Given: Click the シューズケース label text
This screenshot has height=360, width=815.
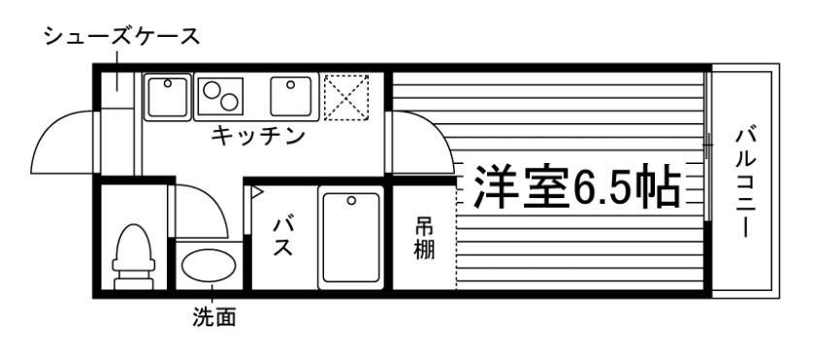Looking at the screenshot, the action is point(121,38).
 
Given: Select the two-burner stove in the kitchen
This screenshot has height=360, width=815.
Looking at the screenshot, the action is point(222,96).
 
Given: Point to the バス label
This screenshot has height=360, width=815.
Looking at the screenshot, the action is point(284,236).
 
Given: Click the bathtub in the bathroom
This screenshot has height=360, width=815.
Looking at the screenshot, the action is point(350,239).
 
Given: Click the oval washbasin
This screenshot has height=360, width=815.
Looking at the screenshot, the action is point(210,266).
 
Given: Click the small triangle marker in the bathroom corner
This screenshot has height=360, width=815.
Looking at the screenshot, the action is point(257,192).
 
